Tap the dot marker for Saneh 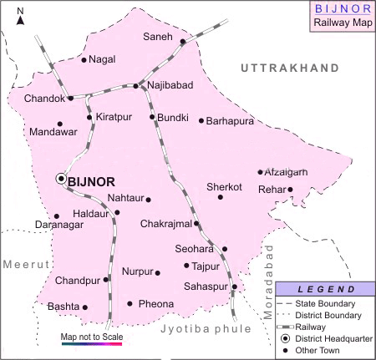coord(183,41)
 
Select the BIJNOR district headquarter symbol coord(61,179)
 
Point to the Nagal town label coord(102,60)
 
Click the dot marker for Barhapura coord(201,121)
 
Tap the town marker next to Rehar coord(290,190)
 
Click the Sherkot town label coord(224,187)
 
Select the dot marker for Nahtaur coord(149,200)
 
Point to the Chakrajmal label coord(166,224)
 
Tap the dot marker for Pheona coord(130,303)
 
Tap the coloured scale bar coord(92,343)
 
